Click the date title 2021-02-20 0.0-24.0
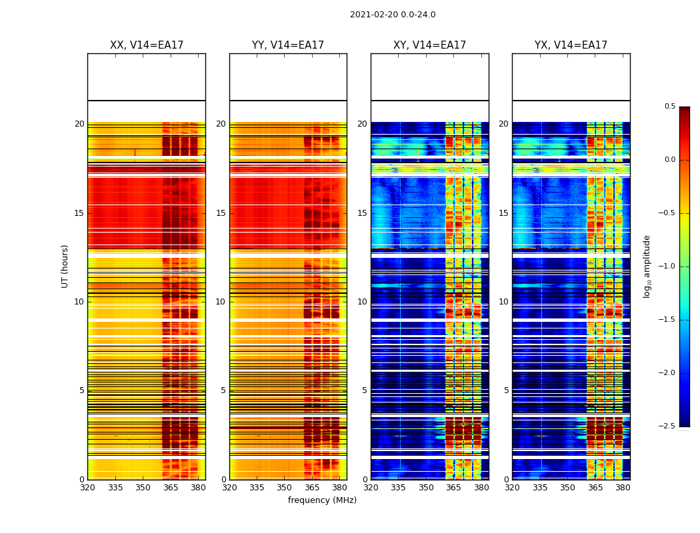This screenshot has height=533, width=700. coord(393,15)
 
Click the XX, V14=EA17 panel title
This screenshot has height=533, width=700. coord(147,45)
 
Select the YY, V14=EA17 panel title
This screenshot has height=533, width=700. coord(288,45)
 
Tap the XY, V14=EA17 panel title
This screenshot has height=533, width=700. coord(430,45)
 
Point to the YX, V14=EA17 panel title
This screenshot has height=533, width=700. coord(571,45)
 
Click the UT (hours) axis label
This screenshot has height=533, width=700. coord(65,266)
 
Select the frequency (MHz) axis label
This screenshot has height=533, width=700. coord(322,500)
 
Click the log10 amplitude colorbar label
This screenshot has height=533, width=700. coord(647,266)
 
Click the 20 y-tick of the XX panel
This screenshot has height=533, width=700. coord(79,124)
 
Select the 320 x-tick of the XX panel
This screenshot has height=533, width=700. coord(87,487)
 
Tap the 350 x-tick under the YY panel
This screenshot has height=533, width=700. coord(285,487)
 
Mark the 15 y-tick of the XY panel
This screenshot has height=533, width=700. coord(363,213)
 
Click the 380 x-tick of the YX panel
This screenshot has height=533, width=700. coord(623,487)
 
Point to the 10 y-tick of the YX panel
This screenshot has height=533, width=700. coord(504,302)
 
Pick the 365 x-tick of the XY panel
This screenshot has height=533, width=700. coord(453,487)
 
